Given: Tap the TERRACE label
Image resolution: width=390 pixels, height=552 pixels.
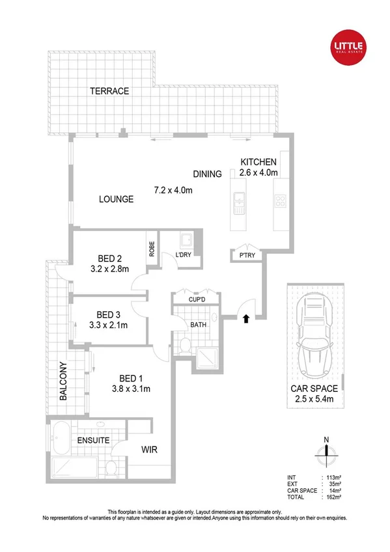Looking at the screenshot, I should coord(109,91).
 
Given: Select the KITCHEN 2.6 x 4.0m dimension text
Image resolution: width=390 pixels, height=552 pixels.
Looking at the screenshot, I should coord(258,172).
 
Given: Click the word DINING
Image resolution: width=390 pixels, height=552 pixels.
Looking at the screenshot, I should coord(207,174).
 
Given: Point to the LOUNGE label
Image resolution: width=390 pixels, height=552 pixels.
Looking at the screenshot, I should coord(116,199).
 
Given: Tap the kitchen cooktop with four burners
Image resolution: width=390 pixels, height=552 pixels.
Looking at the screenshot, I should coord(281,200).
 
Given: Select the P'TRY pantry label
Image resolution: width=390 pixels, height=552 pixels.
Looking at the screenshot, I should coord(247,256).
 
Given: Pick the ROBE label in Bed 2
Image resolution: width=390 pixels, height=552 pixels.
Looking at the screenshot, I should coord(152,249).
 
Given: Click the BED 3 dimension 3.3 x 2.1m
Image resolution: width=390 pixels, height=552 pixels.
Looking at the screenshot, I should coord(107,325).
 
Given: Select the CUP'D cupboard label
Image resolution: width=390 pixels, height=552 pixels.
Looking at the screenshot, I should coord(198,300).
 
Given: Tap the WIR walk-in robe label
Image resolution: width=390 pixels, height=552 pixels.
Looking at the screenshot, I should coord(150,450).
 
